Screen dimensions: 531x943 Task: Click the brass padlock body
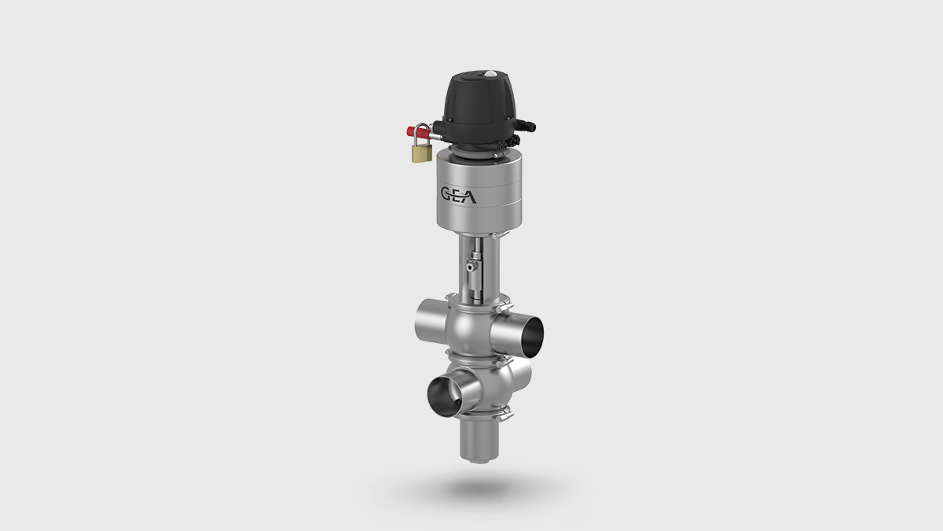(x=422, y=153)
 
